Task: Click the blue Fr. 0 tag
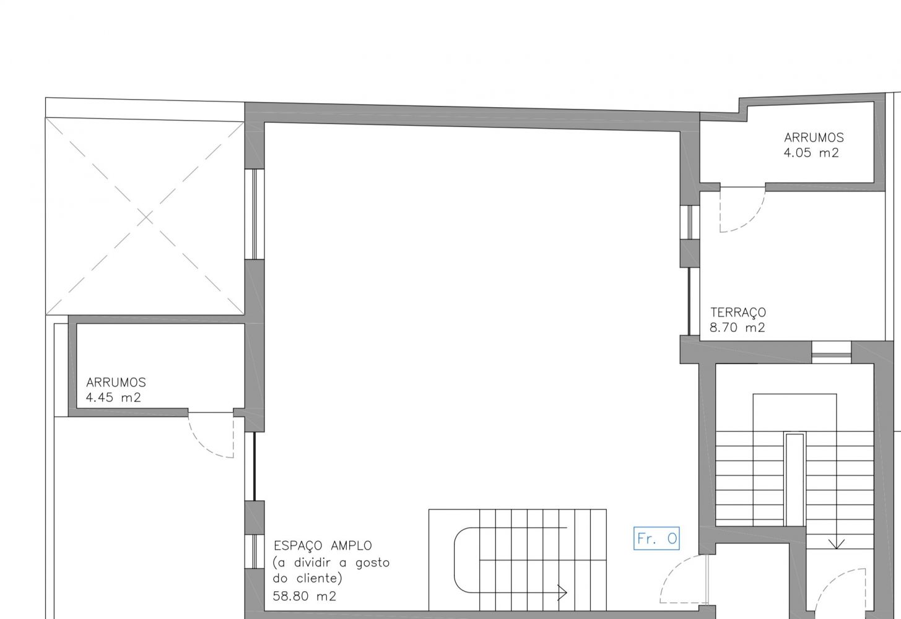656,538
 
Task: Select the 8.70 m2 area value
737,327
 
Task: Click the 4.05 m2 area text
811,153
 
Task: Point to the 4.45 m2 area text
113,397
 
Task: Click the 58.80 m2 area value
304,595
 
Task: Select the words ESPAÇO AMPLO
323,545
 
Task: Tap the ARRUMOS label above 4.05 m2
814,137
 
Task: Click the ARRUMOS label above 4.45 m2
116,382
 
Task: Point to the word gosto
372,563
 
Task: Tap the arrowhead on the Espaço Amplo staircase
562,592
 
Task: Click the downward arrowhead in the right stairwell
837,544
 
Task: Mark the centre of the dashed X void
146,217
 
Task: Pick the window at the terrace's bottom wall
832,352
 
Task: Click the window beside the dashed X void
255,214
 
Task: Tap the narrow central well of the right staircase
794,480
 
